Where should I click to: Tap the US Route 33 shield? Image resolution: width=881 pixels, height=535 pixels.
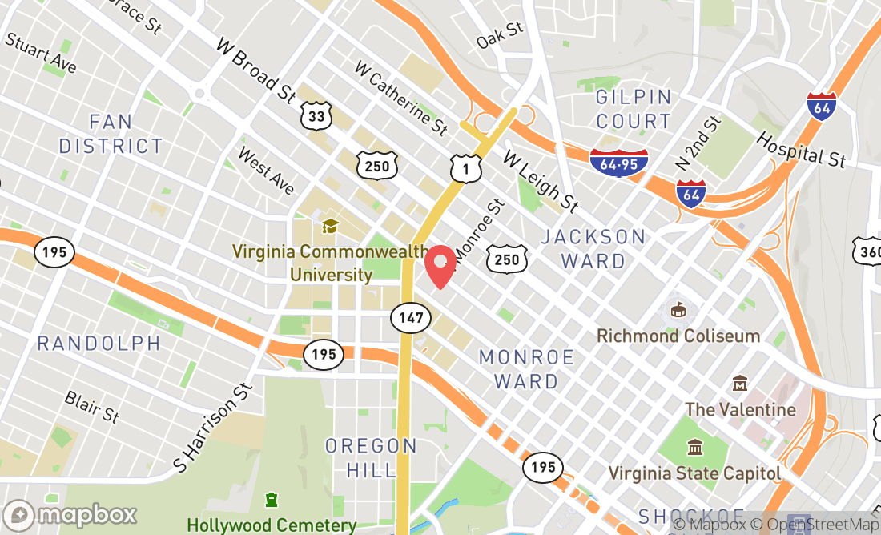pos(316,117)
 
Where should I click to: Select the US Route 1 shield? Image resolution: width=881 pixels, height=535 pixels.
pos(465,167)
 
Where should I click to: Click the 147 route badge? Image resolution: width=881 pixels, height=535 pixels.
pos(410,318)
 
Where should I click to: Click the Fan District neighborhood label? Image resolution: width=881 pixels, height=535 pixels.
pos(111,134)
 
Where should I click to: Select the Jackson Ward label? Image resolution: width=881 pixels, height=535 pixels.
pos(593,248)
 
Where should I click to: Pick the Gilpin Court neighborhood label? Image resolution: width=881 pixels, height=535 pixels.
pos(634,110)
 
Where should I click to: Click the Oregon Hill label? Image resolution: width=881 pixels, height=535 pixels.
pos(371,457)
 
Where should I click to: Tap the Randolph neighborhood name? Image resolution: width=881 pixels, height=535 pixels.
pos(99,344)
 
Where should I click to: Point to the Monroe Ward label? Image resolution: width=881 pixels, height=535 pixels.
pos(527,368)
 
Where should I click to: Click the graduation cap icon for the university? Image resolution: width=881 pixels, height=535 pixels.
pos(329,226)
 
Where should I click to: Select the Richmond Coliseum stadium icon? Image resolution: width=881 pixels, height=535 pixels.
pos(678,309)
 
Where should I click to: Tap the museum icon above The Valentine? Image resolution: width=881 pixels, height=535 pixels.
pos(739,384)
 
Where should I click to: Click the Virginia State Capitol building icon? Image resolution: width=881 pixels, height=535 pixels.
pos(694,447)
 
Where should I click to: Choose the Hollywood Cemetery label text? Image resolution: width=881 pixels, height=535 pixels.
pos(272,525)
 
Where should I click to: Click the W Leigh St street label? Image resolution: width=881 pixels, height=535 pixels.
pos(541,182)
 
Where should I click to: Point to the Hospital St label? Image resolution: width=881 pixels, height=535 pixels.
pos(800,149)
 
